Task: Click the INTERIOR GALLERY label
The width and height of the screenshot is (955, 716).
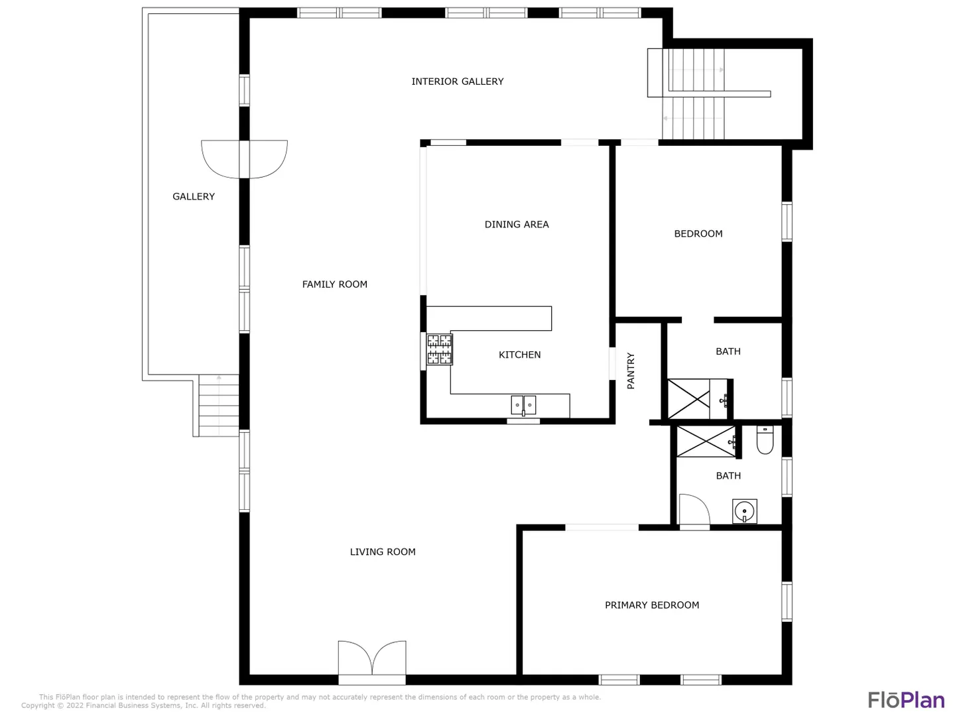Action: click(457, 82)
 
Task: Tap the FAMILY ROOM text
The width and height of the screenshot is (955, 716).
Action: click(334, 284)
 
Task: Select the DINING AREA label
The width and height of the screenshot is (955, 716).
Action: click(517, 224)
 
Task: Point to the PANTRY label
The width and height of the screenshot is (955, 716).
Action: click(631, 371)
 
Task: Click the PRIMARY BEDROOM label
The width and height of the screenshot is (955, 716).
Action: click(652, 605)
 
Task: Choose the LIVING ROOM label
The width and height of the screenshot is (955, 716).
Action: click(383, 552)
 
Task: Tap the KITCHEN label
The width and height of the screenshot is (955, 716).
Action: click(519, 355)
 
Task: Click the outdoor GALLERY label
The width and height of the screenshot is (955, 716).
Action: click(194, 196)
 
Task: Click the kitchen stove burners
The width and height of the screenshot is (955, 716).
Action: click(439, 349)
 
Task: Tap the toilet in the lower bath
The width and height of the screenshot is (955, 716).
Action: click(765, 440)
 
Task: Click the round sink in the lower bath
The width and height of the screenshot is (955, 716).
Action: click(744, 510)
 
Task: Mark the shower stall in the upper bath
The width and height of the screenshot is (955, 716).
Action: click(689, 399)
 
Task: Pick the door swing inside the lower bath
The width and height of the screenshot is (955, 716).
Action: click(694, 509)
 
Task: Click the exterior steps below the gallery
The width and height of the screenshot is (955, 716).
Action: click(218, 406)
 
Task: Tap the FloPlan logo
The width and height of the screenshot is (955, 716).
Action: click(907, 700)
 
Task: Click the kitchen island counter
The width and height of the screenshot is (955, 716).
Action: click(489, 318)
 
